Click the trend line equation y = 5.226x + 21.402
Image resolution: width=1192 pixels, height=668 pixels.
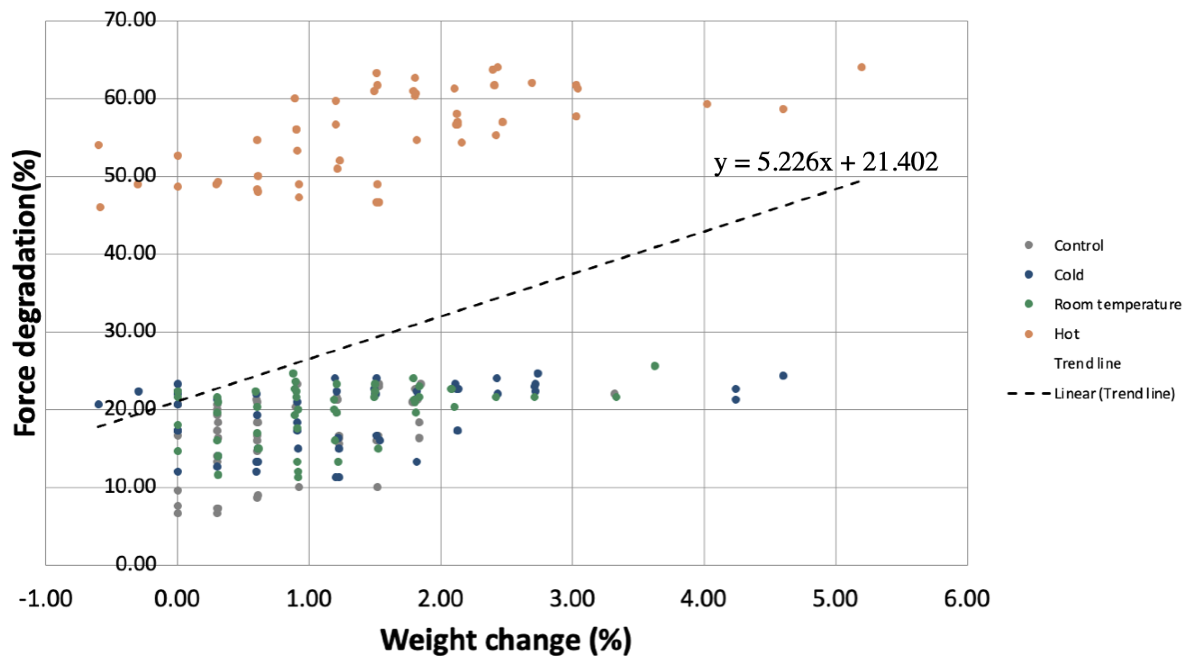pos(826,162)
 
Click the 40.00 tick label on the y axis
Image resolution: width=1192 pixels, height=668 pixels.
pos(130,253)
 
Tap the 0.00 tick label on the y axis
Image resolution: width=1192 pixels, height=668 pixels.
pos(136,564)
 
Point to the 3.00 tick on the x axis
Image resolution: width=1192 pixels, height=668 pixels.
pos(572,599)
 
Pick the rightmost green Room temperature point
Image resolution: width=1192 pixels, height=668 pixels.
pos(655,366)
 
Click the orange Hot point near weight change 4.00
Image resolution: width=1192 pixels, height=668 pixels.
pos(707,104)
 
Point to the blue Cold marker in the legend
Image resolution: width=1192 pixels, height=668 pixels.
pos(1029,275)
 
